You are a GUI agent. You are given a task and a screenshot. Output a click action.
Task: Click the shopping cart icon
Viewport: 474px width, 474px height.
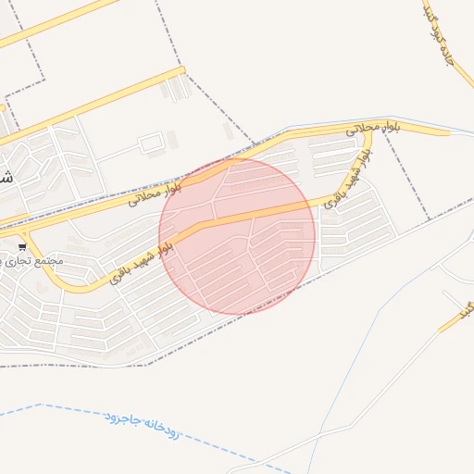[22, 246]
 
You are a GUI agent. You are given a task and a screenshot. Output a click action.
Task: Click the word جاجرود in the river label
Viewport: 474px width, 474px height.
[121, 418]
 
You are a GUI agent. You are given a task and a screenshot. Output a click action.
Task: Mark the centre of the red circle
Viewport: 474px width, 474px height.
[238, 235]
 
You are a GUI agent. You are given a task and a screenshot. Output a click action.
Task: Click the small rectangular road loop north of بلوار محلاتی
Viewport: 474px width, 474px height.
[151, 143]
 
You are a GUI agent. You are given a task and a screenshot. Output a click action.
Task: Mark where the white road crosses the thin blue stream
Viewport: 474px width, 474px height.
[319, 435]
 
